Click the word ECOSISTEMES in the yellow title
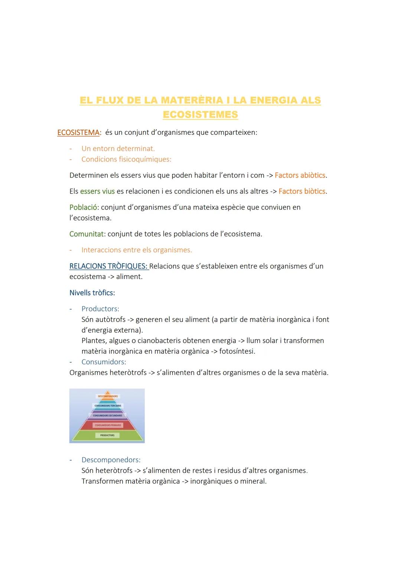coord(200,115)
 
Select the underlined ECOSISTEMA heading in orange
coord(78,133)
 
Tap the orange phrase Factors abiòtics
coord(300,175)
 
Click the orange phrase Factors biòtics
coord(302,191)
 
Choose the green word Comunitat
coord(86,234)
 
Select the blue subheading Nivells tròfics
coord(92,293)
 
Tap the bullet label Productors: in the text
coord(100,309)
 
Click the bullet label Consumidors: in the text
coord(104,362)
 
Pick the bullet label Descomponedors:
coord(111,460)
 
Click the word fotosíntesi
coord(237,351)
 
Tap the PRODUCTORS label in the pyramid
coord(107,435)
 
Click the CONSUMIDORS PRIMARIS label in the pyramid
coord(108,425)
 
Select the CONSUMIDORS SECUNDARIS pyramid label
coord(107,416)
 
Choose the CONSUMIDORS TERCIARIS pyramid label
coord(108,406)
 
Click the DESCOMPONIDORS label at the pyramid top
coord(108,396)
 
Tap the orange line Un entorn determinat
coord(118,149)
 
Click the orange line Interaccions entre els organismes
coord(137,250)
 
